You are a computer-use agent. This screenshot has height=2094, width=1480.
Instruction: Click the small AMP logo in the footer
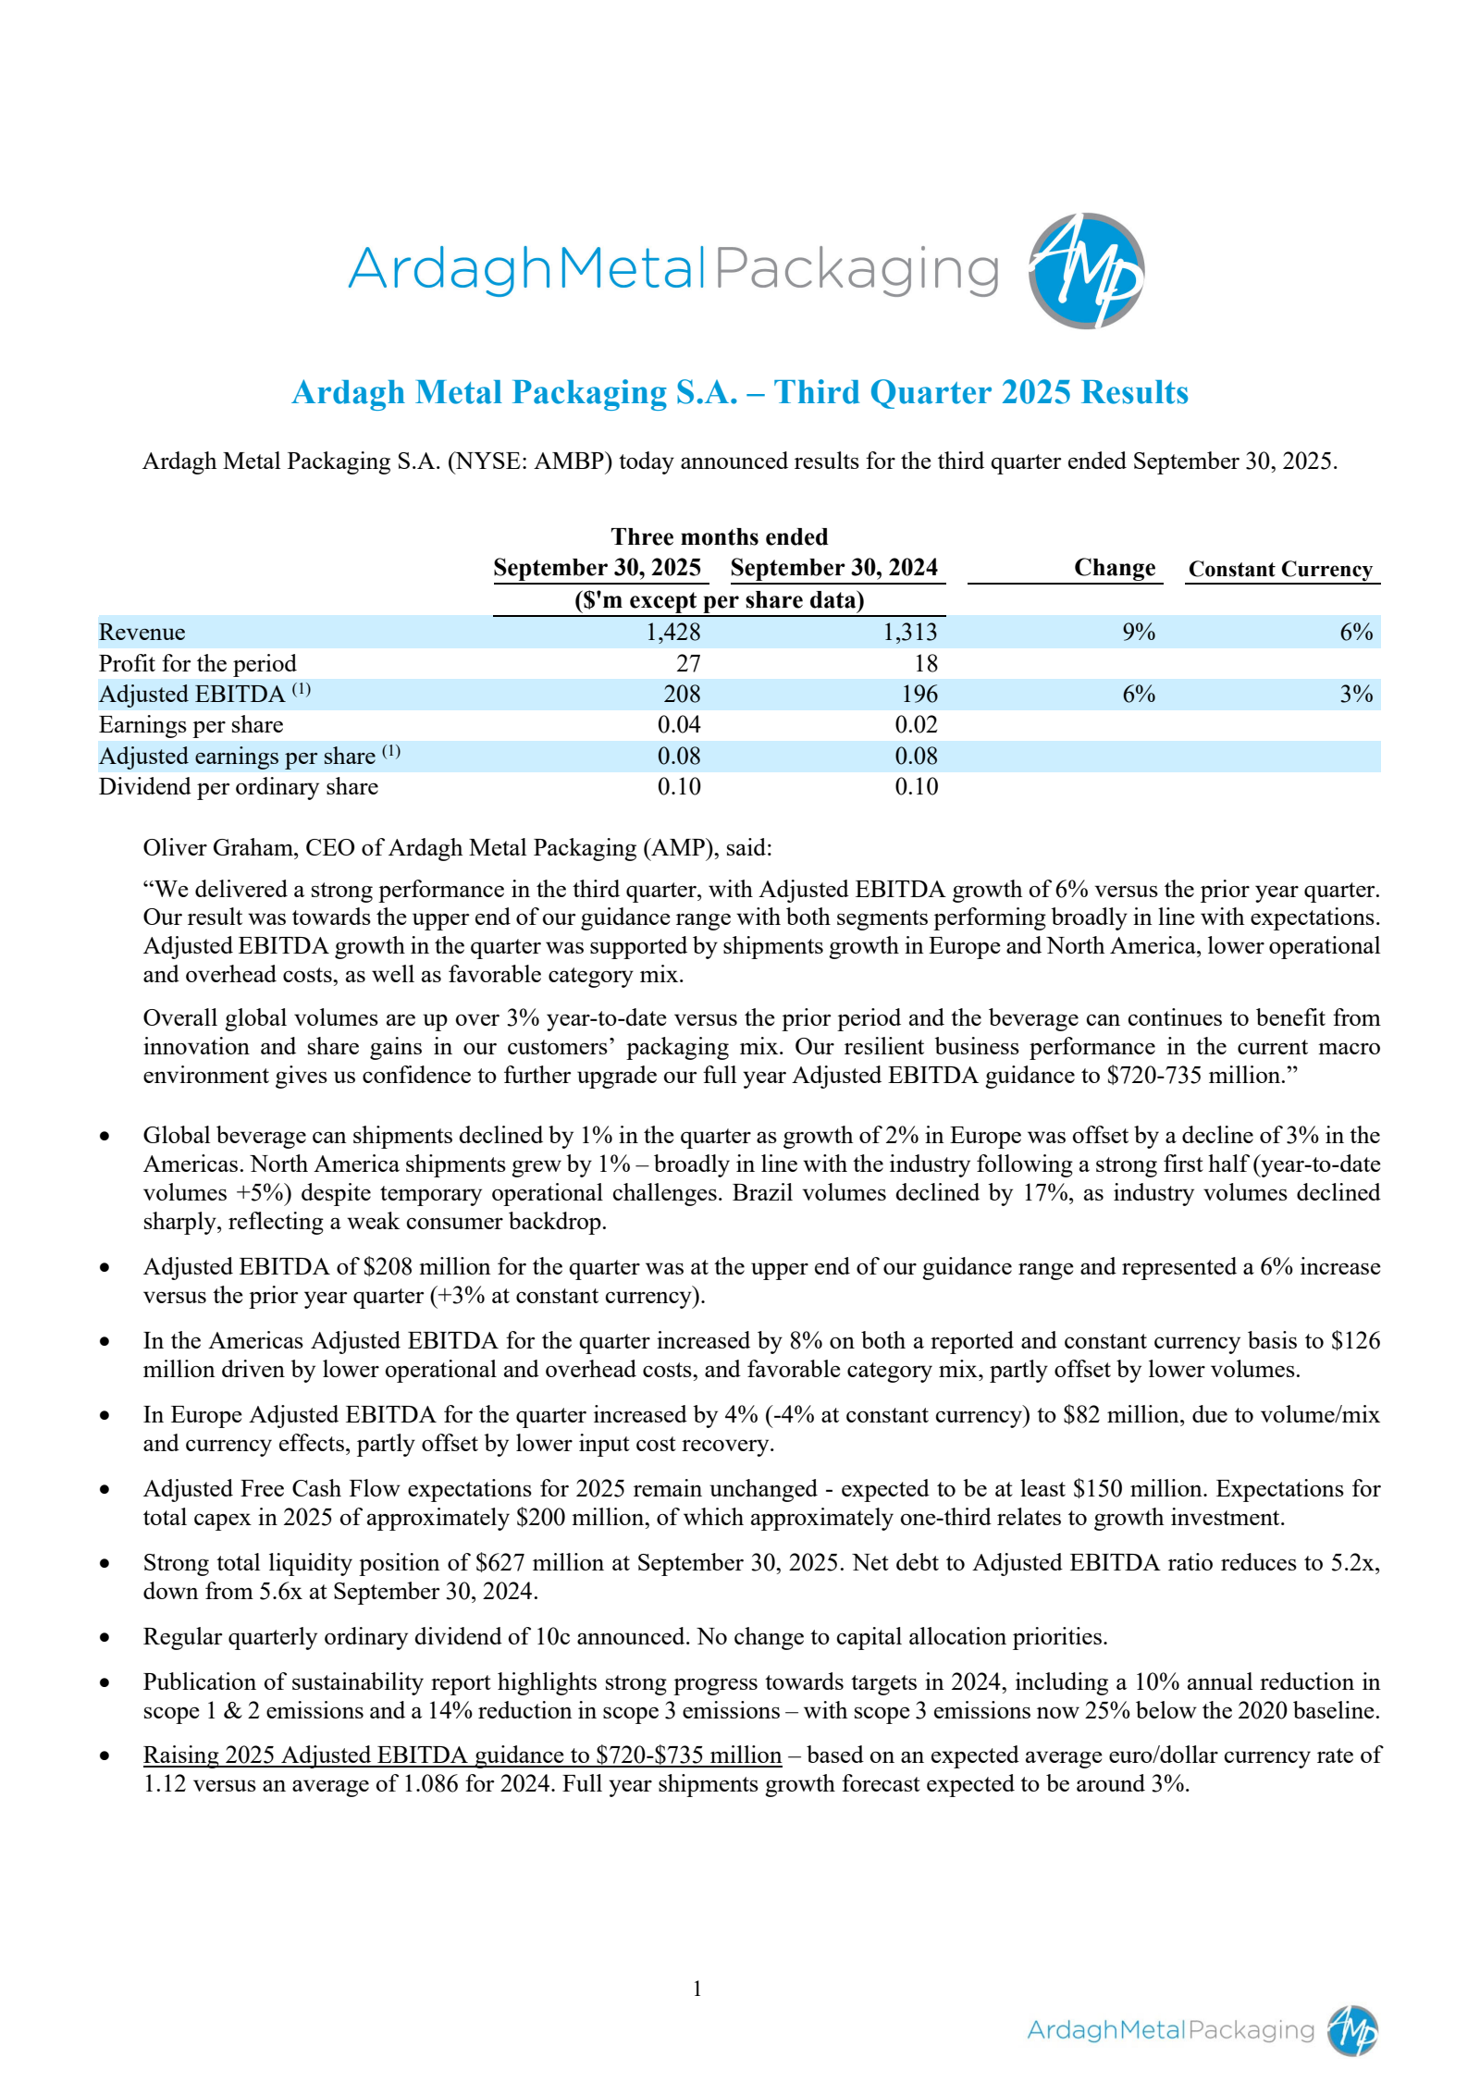[1352, 2030]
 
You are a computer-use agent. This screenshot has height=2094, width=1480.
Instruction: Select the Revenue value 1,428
[672, 632]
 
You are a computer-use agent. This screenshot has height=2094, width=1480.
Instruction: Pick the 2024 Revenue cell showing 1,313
[909, 632]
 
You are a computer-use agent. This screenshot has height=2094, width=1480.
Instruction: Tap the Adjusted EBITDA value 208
[682, 694]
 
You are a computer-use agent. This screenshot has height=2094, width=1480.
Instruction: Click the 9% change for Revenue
[1138, 632]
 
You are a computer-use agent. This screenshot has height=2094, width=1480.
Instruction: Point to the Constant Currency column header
[1280, 569]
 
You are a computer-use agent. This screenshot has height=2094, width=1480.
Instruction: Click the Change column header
[1114, 567]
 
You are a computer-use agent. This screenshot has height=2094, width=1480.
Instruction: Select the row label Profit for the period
[197, 663]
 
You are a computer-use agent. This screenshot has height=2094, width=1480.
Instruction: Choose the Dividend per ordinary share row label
[238, 786]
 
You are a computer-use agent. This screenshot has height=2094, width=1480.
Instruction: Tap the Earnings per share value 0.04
[679, 724]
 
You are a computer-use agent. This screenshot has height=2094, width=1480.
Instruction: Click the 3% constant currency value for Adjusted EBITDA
[1355, 694]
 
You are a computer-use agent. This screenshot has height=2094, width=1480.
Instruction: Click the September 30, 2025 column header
[597, 567]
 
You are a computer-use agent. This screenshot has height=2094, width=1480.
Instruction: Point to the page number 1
[697, 1988]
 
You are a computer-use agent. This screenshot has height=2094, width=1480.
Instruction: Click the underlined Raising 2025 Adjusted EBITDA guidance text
[462, 1755]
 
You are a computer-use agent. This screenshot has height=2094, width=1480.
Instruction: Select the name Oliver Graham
[217, 847]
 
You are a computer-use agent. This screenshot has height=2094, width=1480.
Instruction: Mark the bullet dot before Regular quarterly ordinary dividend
[105, 1637]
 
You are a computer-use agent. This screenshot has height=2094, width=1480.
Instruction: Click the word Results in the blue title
[1134, 392]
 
